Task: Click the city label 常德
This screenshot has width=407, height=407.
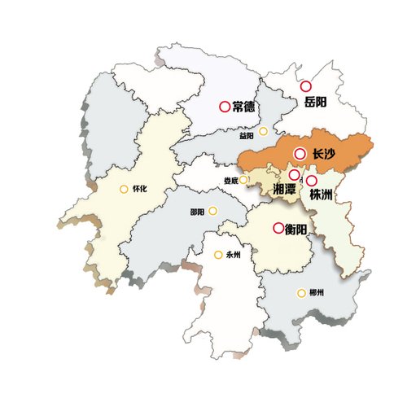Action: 244,107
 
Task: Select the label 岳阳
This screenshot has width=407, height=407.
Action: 315,103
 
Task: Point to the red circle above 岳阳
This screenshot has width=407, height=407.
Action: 306,85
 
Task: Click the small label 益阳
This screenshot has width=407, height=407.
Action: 247,137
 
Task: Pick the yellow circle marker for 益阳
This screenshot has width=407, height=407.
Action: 263,131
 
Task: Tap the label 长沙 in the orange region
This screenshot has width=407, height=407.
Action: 323,154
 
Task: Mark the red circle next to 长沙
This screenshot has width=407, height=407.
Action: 300,153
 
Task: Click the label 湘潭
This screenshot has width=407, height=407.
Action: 285,190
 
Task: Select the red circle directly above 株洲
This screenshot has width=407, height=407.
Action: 311,181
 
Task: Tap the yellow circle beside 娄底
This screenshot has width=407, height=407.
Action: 243,180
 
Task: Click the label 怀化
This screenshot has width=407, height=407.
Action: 139,190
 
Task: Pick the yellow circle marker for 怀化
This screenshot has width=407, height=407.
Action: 124,190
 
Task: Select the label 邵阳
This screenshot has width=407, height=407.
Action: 197,212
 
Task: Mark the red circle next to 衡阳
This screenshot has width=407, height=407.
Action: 278,228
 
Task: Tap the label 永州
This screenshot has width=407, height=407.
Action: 234,256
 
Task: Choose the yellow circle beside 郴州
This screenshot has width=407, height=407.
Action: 301,293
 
